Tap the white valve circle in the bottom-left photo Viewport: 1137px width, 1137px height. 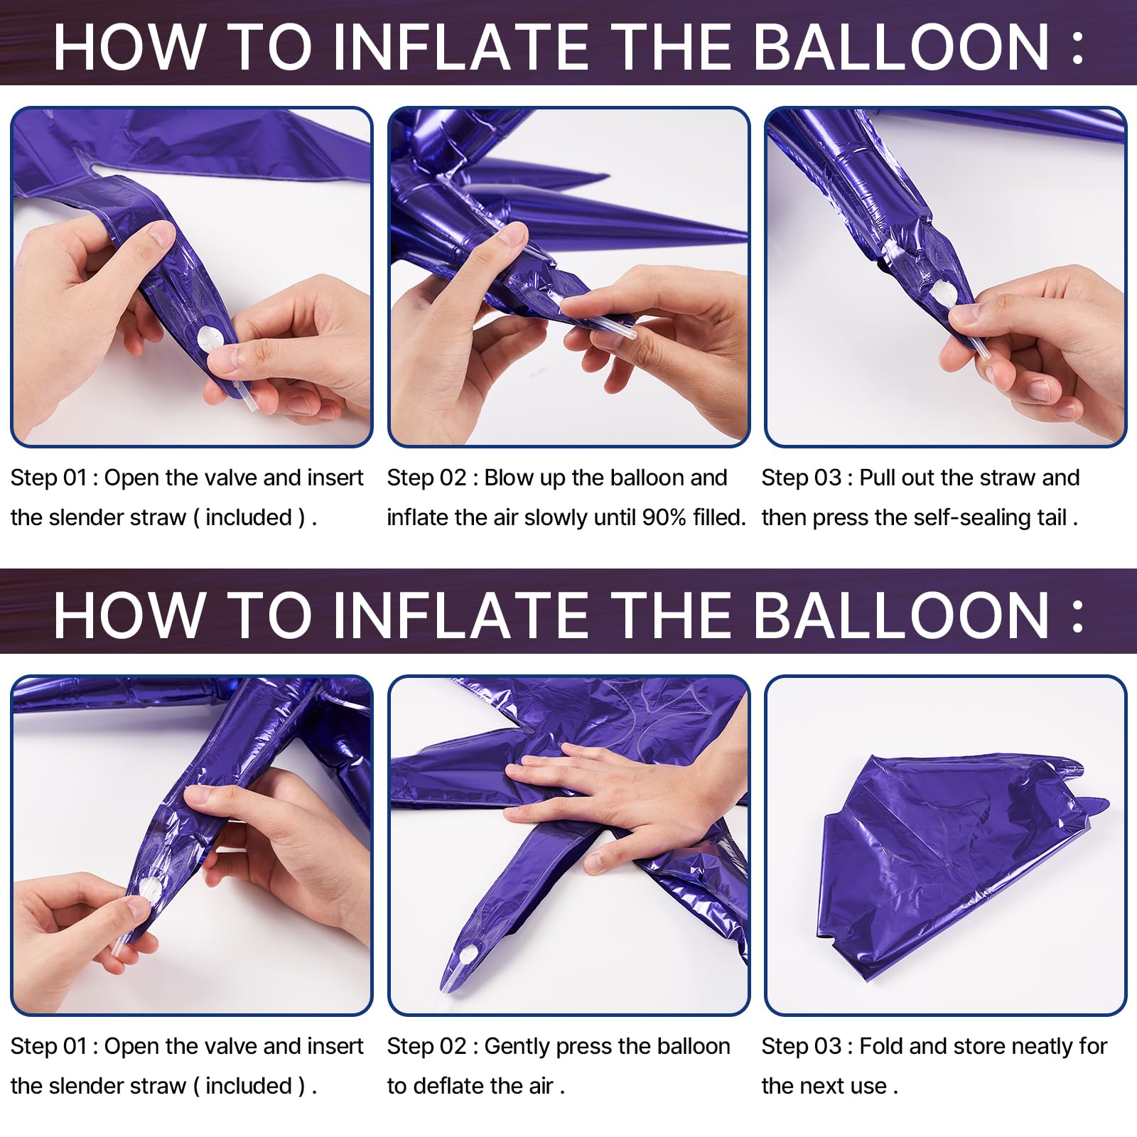(x=150, y=889)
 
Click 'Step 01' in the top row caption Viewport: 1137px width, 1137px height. (x=48, y=478)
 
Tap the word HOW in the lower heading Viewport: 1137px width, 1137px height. (x=128, y=615)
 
